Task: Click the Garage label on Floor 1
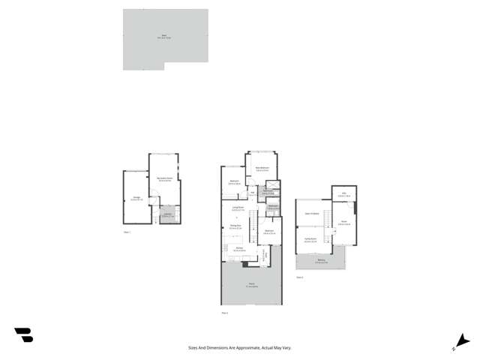point(135,199)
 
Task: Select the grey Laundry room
point(167,216)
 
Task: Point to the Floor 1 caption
point(127,233)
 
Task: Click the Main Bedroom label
point(262,169)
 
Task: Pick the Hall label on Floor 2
point(253,193)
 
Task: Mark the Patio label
point(251,286)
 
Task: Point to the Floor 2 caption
point(224,313)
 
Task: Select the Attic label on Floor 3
point(344,194)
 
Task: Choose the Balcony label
point(320,262)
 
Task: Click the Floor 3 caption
point(299,277)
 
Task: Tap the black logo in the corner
point(23,335)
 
